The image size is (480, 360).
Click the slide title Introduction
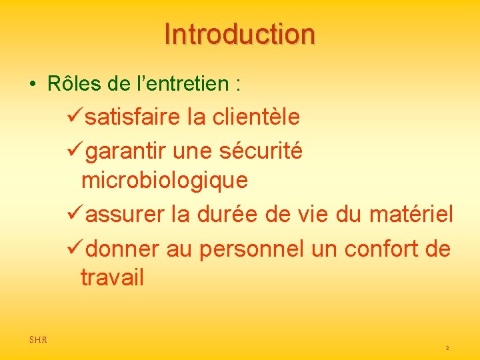(x=239, y=34)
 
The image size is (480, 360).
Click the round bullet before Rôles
(x=32, y=85)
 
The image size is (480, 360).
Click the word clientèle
(x=256, y=117)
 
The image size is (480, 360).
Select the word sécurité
(x=262, y=151)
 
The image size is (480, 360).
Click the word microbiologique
(x=164, y=180)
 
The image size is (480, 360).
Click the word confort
(x=375, y=249)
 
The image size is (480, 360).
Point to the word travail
(x=112, y=277)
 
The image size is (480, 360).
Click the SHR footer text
(x=38, y=340)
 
